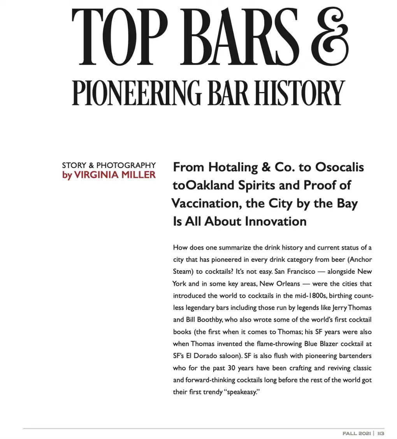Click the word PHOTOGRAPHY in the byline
click(126, 165)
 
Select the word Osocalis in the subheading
click(339, 167)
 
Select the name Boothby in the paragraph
click(209, 320)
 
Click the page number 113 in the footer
click(381, 434)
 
